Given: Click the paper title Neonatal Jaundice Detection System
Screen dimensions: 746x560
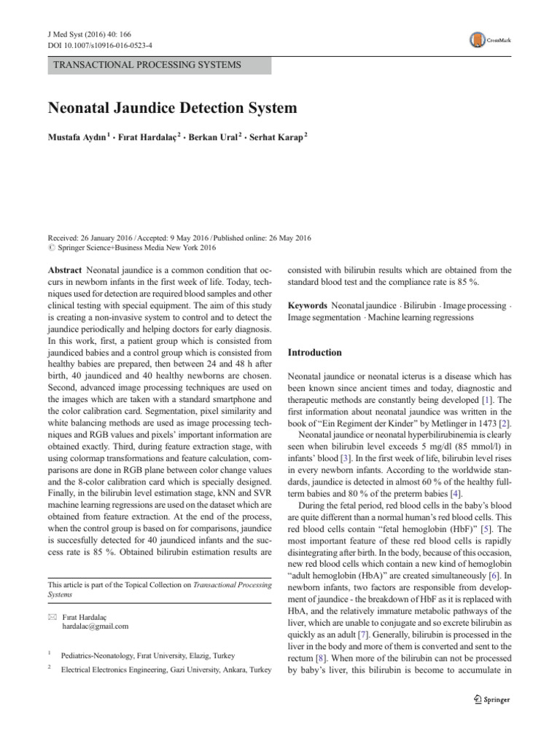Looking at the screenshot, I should click(x=172, y=109).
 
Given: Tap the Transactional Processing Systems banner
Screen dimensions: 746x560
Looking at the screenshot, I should click(x=147, y=66).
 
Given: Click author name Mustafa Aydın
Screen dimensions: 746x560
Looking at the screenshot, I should click(x=78, y=138).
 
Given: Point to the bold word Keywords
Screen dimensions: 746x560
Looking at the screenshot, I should click(x=308, y=305).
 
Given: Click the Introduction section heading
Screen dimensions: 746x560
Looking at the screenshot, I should click(x=315, y=353).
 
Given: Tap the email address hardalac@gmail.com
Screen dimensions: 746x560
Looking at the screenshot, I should click(x=95, y=626).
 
